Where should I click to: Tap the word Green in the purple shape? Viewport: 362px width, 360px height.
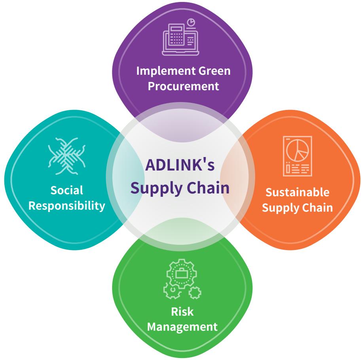[x=215, y=71]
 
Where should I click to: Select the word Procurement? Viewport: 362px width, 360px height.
[x=183, y=86]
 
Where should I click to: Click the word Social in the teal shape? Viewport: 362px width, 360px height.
[x=67, y=190]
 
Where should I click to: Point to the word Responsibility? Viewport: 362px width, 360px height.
[x=67, y=206]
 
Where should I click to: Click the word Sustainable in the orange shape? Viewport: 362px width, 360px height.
[x=298, y=192]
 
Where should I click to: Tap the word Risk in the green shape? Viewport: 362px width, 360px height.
[x=182, y=312]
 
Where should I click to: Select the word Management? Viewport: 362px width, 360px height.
[x=182, y=327]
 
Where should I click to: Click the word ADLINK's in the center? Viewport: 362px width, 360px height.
[x=180, y=165]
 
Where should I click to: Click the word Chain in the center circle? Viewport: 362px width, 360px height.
[x=208, y=188]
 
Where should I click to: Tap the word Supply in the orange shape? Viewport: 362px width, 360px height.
[x=280, y=208]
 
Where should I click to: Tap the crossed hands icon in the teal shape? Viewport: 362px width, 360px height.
[x=67, y=156]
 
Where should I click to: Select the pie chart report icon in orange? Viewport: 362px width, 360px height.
[x=298, y=156]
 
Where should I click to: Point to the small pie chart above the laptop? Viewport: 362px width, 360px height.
[x=191, y=23]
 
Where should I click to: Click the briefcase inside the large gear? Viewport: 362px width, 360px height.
[x=182, y=274]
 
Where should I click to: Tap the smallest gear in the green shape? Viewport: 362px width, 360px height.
[x=195, y=293]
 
